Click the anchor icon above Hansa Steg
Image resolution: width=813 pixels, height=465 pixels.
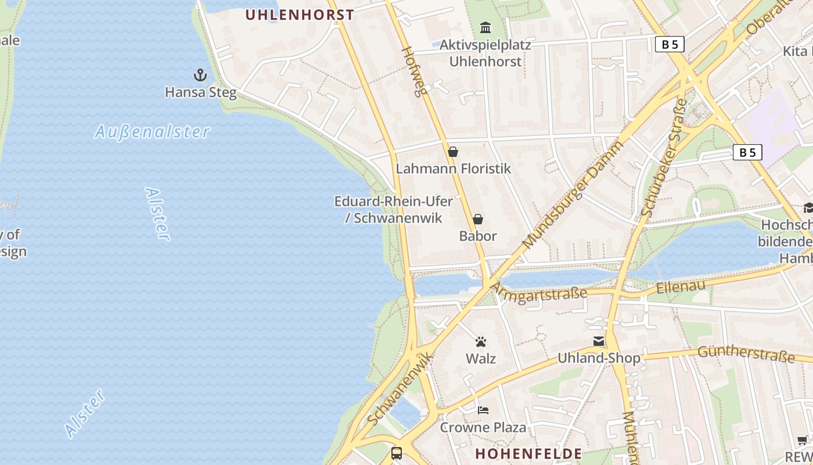[x=200, y=75]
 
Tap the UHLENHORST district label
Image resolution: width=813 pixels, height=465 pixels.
[x=299, y=15]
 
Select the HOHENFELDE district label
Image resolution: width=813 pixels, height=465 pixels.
[x=528, y=453]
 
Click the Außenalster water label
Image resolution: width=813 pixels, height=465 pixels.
[x=152, y=132]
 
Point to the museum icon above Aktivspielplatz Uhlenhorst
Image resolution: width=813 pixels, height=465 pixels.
[x=485, y=27]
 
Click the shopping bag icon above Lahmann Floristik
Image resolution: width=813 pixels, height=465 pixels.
[x=453, y=152]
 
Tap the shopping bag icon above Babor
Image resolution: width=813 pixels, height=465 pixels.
[x=478, y=219]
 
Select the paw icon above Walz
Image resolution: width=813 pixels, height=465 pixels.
[x=481, y=342]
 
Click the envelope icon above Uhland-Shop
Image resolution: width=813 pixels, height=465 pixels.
[x=599, y=341]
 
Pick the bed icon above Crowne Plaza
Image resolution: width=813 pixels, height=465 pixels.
[x=483, y=410]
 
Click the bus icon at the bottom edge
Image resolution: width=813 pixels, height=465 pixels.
[x=397, y=453]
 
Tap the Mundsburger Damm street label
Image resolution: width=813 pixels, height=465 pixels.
[x=572, y=195]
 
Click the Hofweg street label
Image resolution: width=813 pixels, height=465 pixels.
[x=415, y=71]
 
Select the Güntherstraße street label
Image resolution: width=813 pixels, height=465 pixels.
[x=746, y=353]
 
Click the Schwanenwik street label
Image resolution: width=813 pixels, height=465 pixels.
[x=400, y=388]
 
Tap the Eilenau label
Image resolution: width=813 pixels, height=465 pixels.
[x=681, y=286]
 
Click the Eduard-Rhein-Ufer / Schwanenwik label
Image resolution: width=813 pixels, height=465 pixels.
[x=394, y=210]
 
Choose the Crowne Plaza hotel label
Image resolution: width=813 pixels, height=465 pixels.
[x=483, y=428]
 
